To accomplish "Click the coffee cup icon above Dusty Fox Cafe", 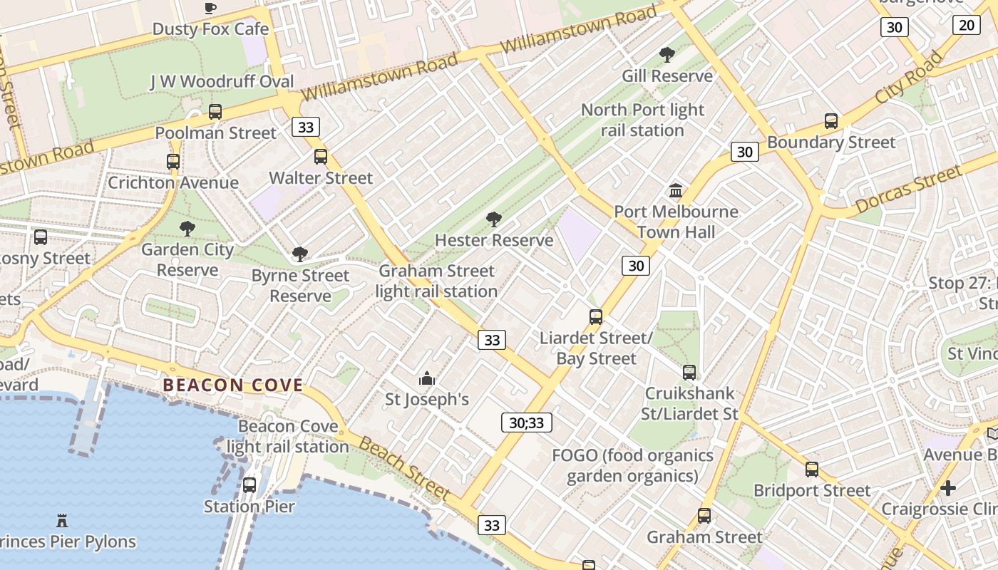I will (x=210, y=9).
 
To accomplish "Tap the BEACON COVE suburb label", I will (x=233, y=385).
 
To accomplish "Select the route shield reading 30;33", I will (x=527, y=423).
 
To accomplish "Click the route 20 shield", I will (x=966, y=25).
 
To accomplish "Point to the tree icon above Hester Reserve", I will (x=493, y=219).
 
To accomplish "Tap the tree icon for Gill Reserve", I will (x=667, y=55).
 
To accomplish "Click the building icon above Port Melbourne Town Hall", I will (x=676, y=190).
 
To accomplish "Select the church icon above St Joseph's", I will (x=426, y=378).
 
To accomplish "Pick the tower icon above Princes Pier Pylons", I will (x=62, y=521).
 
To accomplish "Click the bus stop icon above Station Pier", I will (x=249, y=485).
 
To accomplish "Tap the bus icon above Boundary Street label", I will (x=831, y=121).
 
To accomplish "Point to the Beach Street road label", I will (x=404, y=468).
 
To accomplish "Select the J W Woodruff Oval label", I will (x=222, y=81).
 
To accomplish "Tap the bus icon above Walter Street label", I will (x=321, y=157).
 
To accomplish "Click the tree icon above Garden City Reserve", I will (x=187, y=229).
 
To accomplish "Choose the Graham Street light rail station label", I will (x=436, y=281).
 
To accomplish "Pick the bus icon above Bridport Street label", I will (x=812, y=470).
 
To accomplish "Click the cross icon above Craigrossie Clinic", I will (x=947, y=488).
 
